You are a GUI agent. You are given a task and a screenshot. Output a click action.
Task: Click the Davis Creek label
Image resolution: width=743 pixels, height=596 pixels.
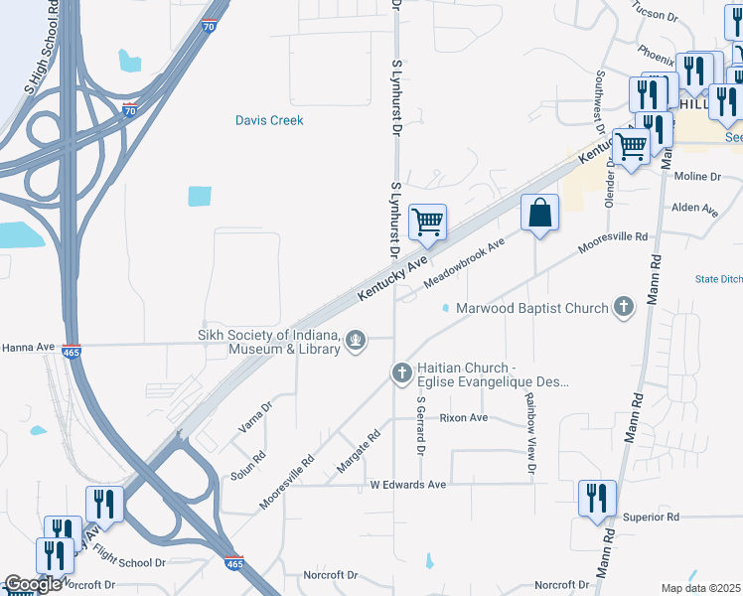[x=269, y=121]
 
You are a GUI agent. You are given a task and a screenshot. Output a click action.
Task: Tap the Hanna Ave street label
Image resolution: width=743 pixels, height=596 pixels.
[x=28, y=348]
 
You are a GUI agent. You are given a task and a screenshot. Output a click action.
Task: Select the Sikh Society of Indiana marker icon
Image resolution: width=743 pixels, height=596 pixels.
[x=355, y=343]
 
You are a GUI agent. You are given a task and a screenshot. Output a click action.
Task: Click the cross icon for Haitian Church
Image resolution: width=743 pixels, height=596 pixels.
[x=401, y=373]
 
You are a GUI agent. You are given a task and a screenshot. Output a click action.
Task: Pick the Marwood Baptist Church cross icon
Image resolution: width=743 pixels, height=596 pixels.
[x=623, y=307]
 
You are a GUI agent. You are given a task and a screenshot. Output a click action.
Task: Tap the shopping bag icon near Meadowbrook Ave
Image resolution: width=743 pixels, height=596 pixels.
[x=539, y=214]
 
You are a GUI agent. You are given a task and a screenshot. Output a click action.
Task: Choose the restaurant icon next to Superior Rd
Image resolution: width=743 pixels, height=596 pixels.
[x=597, y=499]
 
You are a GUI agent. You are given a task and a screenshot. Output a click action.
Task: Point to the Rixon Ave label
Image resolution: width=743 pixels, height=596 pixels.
[x=464, y=418]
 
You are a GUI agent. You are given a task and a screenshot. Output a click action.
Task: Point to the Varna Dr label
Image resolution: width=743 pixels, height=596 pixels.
[x=254, y=418]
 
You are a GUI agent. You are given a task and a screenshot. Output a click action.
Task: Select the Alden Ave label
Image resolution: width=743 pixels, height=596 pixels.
[x=694, y=210]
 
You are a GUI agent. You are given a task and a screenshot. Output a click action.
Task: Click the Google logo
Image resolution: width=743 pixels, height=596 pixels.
[x=32, y=585]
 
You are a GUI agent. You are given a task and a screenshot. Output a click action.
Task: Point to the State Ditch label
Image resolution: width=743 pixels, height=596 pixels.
[x=719, y=279]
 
